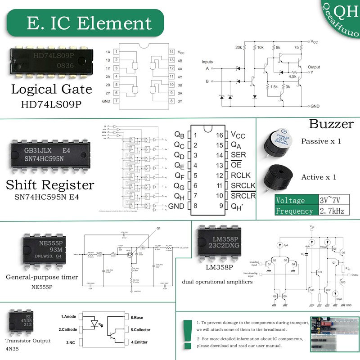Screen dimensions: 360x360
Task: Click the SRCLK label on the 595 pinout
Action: (x=243, y=186)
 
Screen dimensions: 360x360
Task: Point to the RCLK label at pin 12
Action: (x=241, y=175)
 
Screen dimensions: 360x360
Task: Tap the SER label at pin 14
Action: (x=238, y=155)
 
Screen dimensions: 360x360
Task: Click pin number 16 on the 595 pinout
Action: (x=220, y=135)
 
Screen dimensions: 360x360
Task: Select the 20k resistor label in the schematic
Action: (x=238, y=47)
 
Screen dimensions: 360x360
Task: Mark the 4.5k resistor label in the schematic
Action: (x=292, y=76)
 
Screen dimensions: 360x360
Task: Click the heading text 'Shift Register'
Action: (x=50, y=185)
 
